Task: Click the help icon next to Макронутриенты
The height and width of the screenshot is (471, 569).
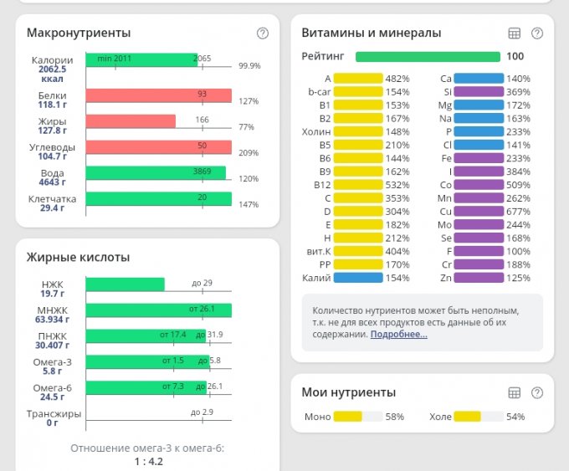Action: (263, 33)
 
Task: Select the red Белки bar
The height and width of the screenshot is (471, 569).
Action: (158, 95)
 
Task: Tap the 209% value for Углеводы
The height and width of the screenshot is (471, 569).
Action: (249, 153)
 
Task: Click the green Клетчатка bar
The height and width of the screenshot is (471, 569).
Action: (158, 199)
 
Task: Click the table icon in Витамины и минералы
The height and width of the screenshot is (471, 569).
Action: (515, 33)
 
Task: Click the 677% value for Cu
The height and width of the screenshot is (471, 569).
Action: (519, 210)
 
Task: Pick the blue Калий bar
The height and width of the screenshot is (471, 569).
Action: (357, 278)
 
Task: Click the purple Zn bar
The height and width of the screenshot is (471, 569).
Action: (480, 278)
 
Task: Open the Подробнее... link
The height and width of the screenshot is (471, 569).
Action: (398, 334)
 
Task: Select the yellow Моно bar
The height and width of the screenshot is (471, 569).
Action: (347, 416)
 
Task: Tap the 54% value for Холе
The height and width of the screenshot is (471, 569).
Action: (516, 417)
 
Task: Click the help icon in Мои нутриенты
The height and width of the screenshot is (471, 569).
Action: (537, 392)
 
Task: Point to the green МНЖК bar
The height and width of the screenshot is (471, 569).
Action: (158, 310)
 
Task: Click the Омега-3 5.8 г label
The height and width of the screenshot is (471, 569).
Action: (52, 366)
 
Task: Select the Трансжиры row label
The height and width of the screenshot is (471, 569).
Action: (54, 413)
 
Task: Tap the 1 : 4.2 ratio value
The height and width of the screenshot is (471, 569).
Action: (147, 461)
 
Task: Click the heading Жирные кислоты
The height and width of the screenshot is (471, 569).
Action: (78, 257)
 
